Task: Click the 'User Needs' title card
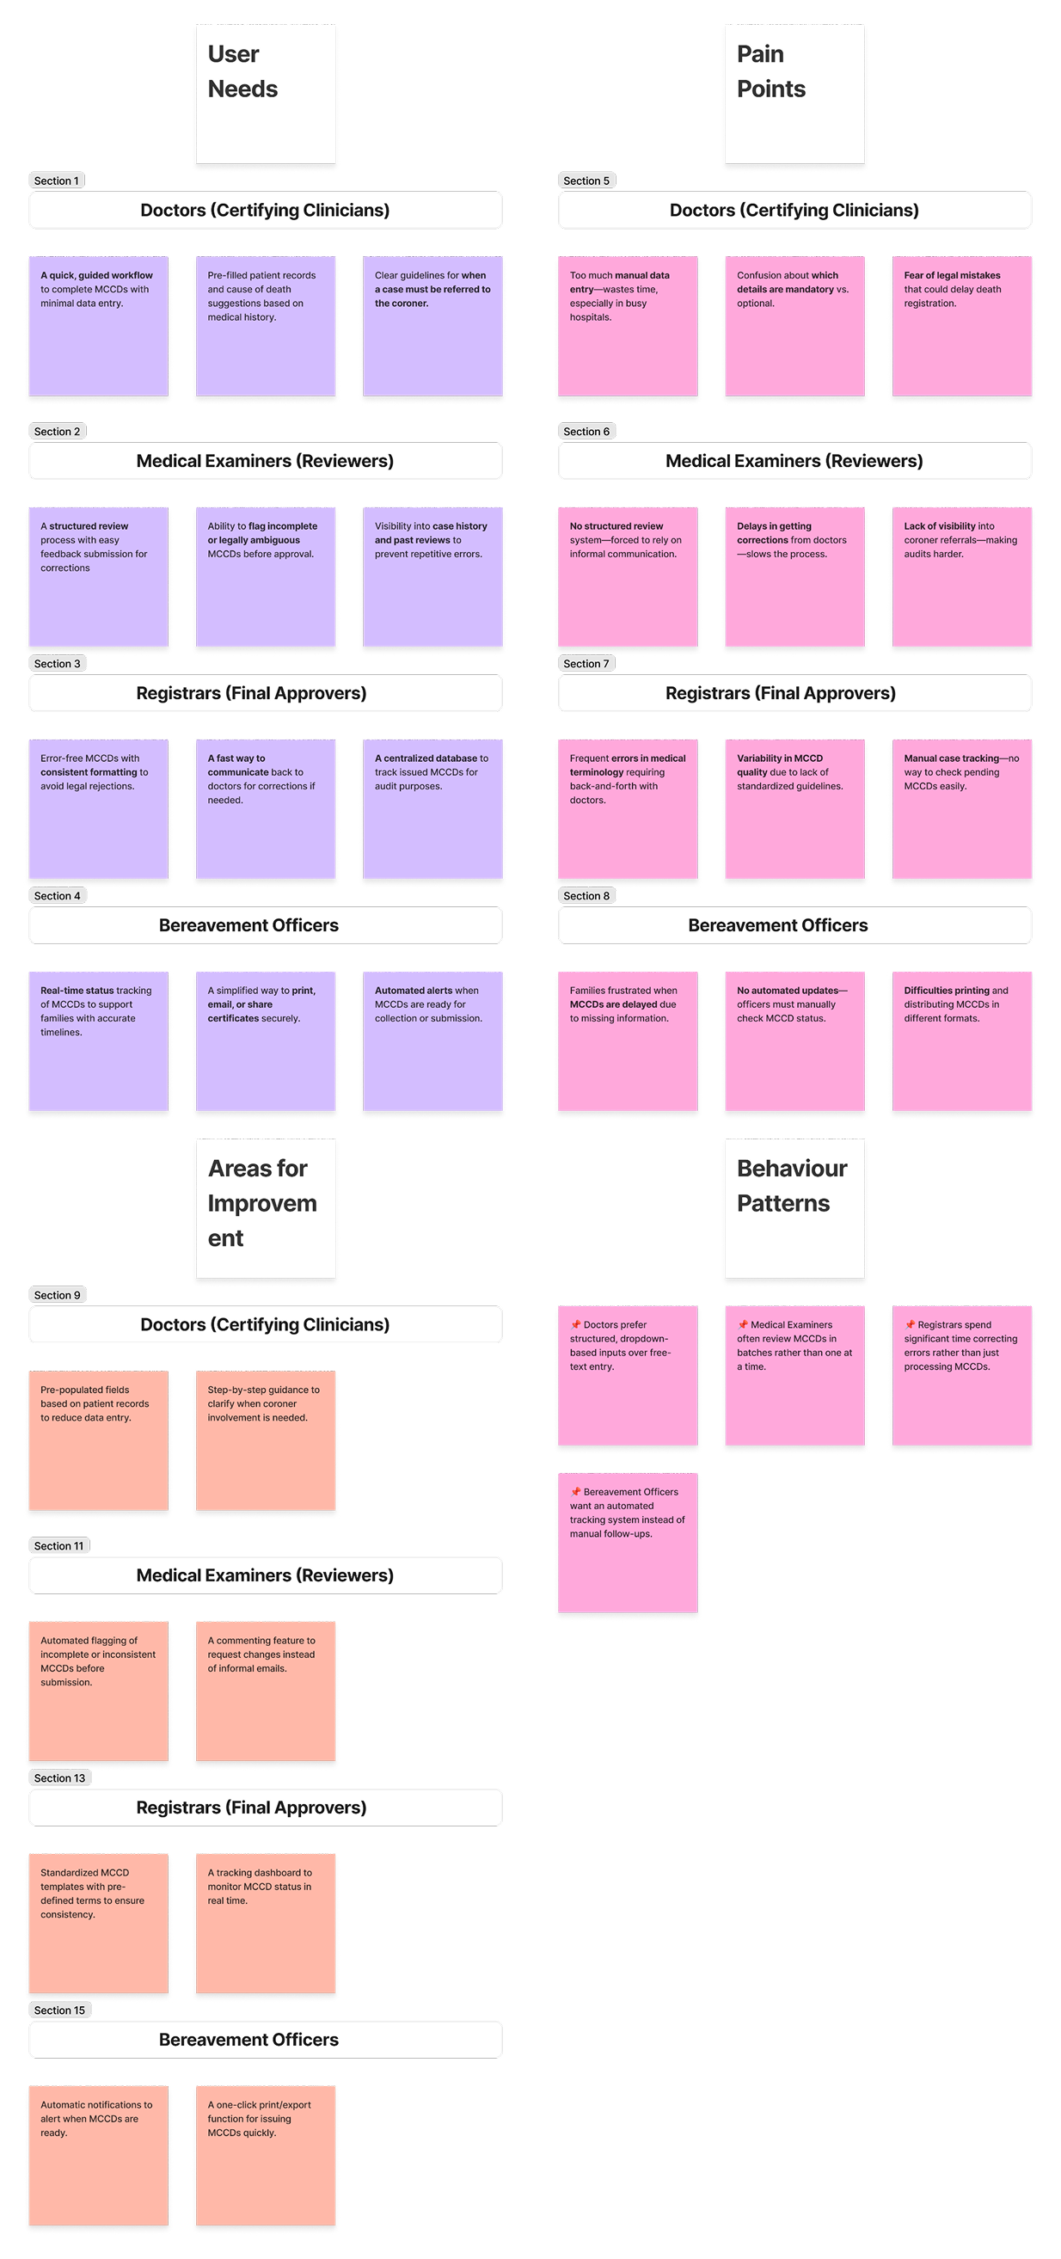click(266, 94)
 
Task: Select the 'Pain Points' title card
click(794, 94)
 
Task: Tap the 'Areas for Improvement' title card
click(266, 1207)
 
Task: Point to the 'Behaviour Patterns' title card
click(794, 1207)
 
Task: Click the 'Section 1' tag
click(56, 181)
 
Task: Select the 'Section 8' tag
click(586, 895)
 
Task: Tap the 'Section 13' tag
click(59, 1777)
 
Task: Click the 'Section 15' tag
click(59, 2010)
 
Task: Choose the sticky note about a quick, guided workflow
click(98, 325)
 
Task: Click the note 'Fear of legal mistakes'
click(962, 325)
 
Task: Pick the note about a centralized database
click(432, 808)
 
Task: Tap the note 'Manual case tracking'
click(962, 808)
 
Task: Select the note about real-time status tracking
click(98, 1041)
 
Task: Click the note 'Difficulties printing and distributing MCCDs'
click(962, 1041)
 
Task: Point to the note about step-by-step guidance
click(266, 1440)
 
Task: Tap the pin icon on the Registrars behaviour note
click(911, 1324)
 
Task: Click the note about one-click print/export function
click(266, 2155)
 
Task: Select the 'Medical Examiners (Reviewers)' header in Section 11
click(265, 1575)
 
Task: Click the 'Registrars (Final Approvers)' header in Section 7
click(781, 693)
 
